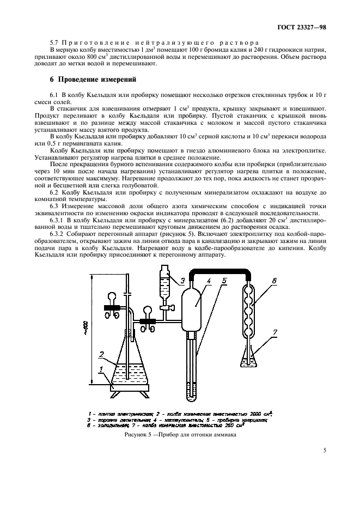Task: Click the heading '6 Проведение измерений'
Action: click(89, 78)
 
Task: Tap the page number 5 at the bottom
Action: click(325, 450)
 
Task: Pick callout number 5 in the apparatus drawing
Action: click(224, 281)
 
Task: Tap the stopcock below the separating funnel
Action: click(164, 310)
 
